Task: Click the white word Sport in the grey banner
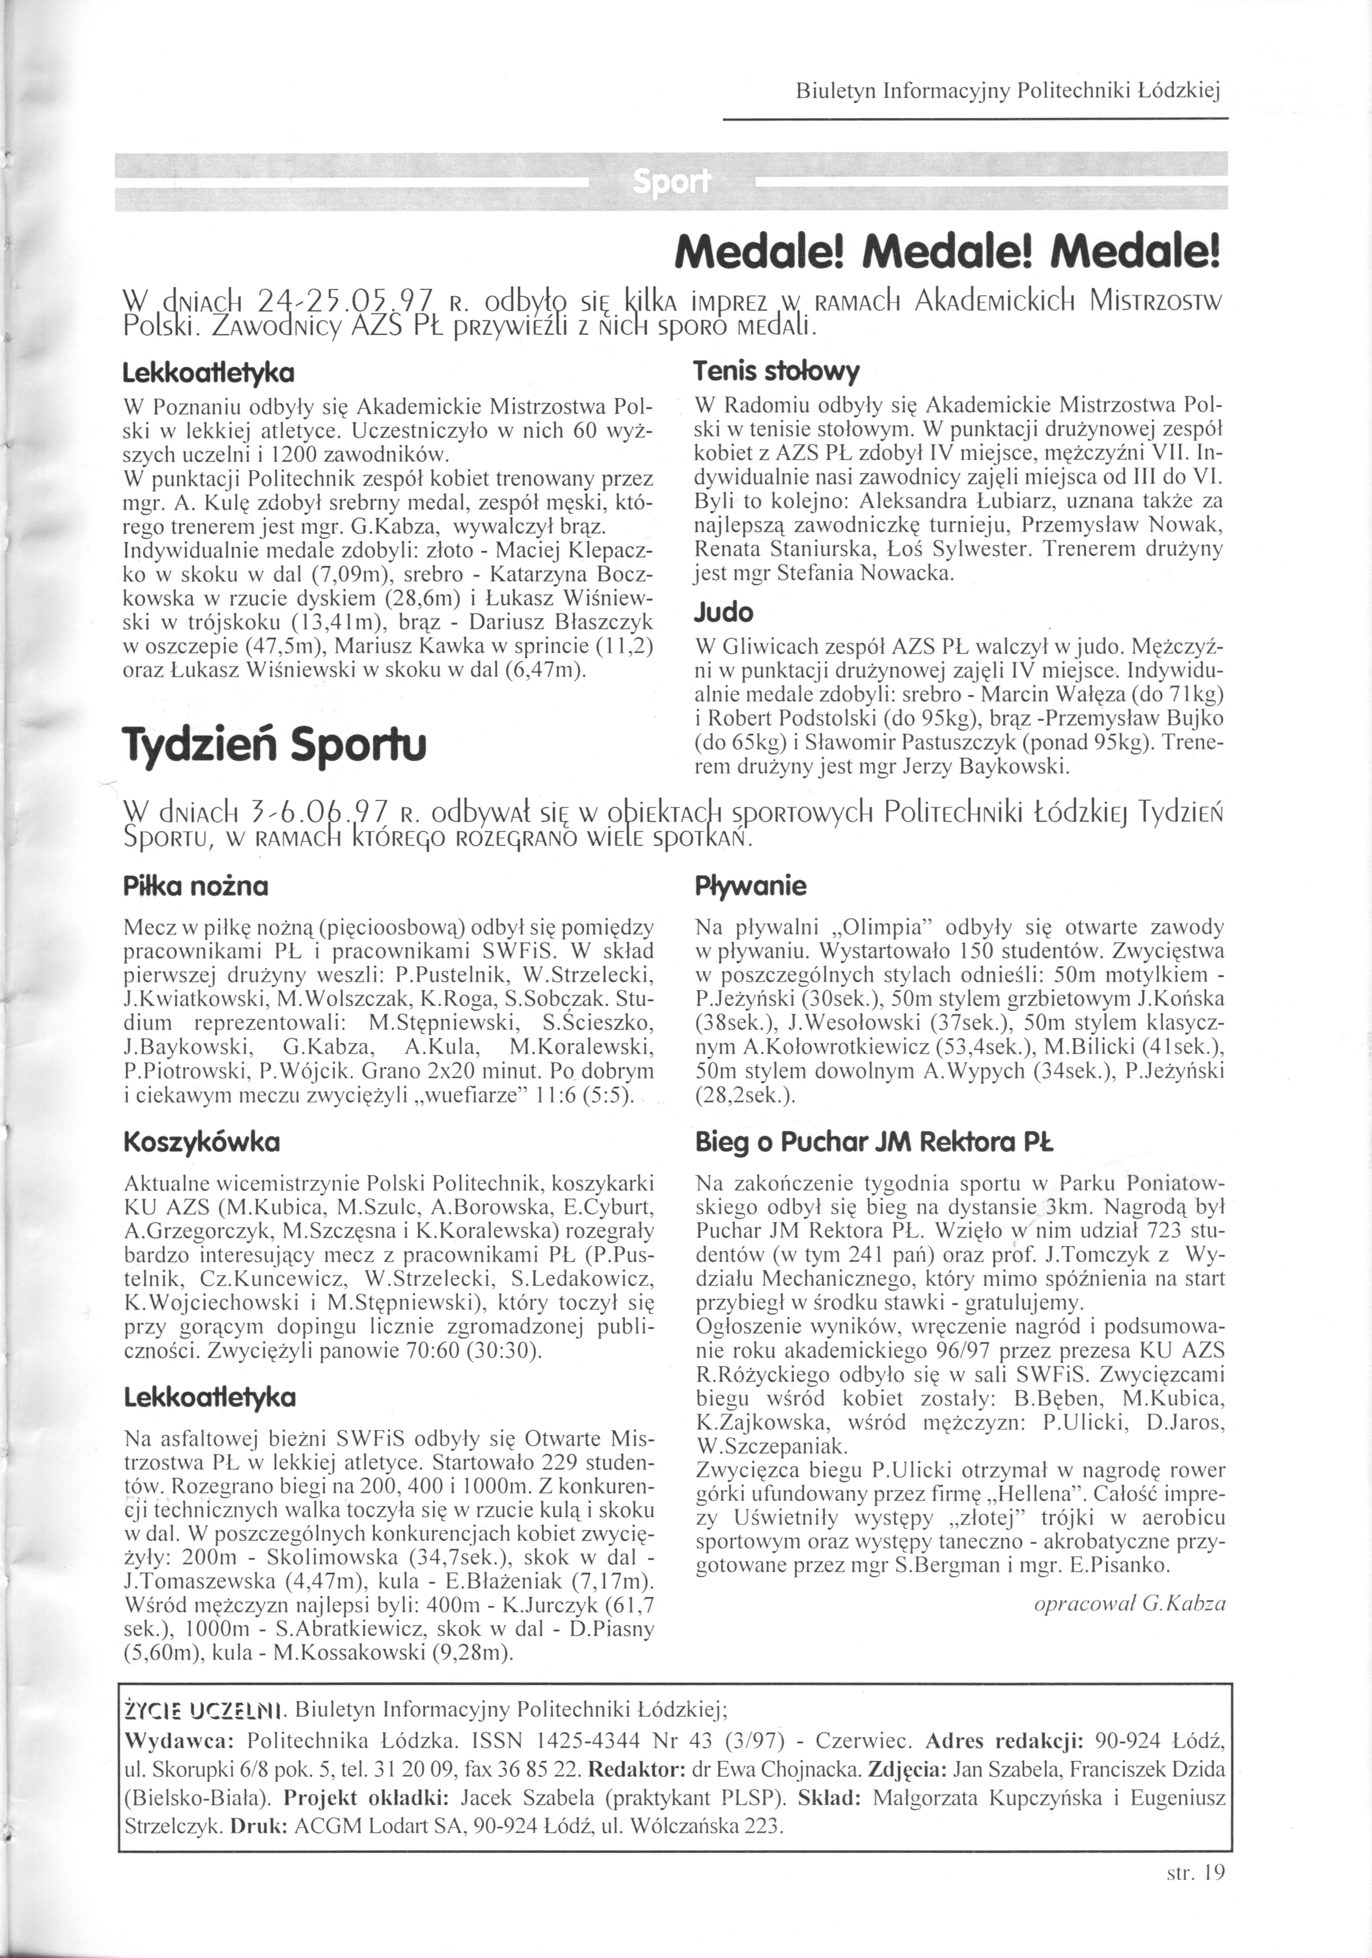pos(671,182)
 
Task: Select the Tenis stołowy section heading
pos(777,372)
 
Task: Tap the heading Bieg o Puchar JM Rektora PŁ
pos(874,1142)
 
